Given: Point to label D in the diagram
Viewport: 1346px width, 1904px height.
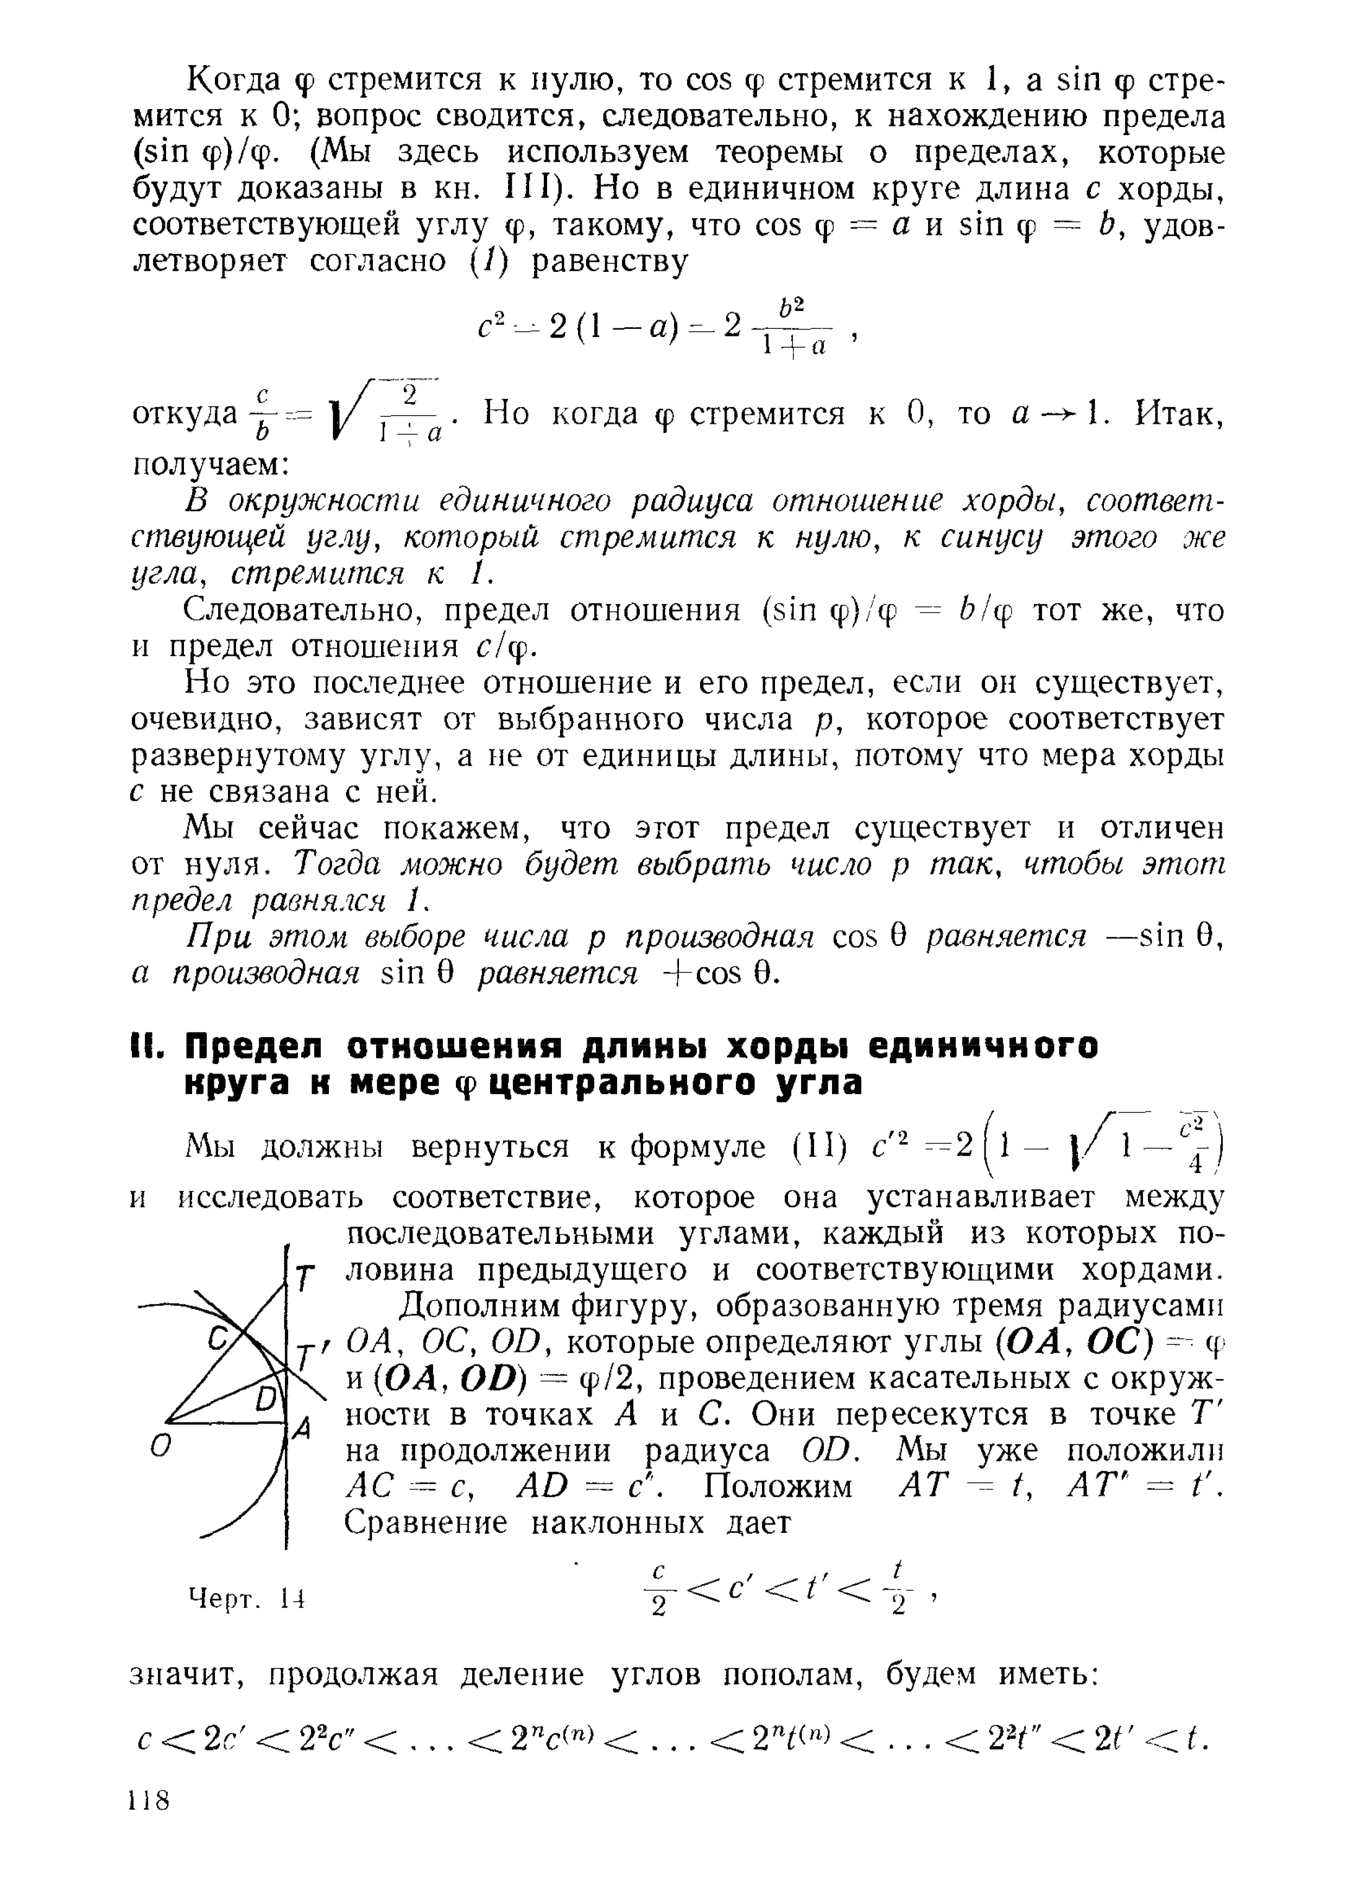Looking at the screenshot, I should (265, 1399).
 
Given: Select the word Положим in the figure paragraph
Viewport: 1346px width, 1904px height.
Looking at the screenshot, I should (778, 1486).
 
